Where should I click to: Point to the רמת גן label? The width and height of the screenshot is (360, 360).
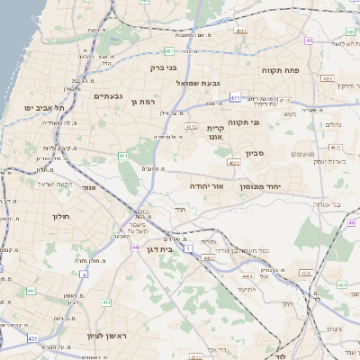pos(144,102)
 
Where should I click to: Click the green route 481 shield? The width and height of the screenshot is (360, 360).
pos(169,51)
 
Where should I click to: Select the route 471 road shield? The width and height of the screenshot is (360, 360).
pos(235,98)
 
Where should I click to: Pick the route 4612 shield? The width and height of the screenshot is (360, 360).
pos(191,127)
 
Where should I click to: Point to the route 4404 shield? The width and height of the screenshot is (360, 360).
pos(209,257)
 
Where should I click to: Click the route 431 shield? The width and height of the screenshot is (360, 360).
pos(32,337)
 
